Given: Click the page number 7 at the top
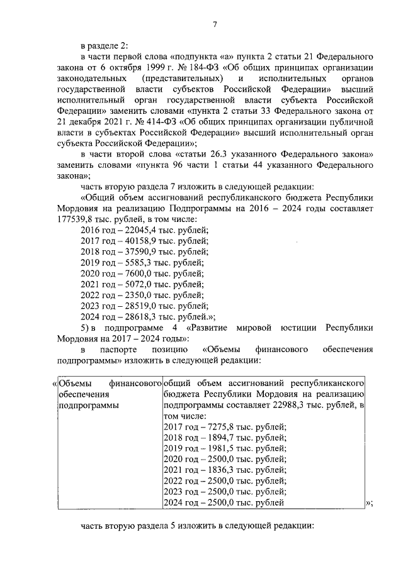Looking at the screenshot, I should tap(215, 25).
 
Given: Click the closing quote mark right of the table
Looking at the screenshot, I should tap(369, 502).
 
